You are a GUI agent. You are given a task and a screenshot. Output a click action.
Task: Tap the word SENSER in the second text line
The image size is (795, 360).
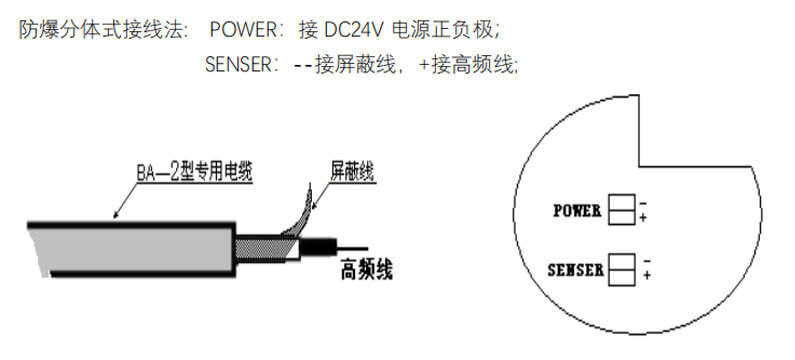click(239, 64)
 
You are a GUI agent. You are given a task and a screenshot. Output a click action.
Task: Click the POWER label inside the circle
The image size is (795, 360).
click(577, 210)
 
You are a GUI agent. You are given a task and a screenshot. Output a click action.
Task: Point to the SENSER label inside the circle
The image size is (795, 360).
click(575, 270)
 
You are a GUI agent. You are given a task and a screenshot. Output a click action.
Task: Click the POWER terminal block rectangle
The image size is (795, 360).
click(622, 209)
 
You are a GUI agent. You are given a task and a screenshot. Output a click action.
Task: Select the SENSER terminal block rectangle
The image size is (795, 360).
click(622, 269)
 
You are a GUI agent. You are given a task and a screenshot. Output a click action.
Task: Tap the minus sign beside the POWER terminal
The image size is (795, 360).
click(643, 204)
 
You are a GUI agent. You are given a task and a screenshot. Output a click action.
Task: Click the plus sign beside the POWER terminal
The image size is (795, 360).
click(643, 218)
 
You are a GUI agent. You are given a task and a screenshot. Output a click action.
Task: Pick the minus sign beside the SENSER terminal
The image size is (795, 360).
click(646, 262)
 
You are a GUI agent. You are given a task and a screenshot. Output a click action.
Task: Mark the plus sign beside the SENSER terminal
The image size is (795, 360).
click(647, 275)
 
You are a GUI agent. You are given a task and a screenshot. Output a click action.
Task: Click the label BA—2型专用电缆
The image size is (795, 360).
click(194, 173)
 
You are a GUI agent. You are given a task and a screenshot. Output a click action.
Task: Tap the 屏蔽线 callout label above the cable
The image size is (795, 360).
click(352, 172)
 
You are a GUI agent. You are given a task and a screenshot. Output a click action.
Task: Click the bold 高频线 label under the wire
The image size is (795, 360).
click(367, 270)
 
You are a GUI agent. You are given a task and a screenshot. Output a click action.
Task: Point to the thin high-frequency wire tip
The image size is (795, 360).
click(367, 248)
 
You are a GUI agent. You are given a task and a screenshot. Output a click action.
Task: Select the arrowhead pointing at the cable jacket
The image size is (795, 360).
click(116, 215)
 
